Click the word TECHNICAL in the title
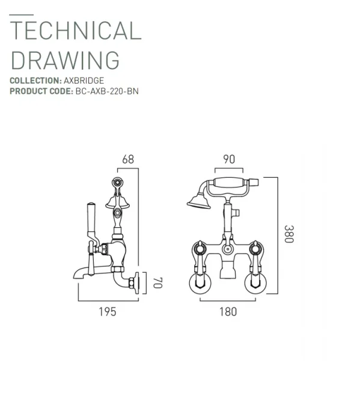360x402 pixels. [75, 31]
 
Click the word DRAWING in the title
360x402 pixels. [65, 61]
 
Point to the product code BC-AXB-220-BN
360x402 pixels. [107, 91]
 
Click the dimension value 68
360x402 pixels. [128, 159]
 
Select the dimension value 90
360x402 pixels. [228, 159]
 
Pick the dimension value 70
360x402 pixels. [157, 282]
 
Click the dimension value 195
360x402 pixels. [106, 311]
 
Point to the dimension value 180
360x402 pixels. [228, 311]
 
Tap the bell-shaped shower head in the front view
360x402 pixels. [197, 200]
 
